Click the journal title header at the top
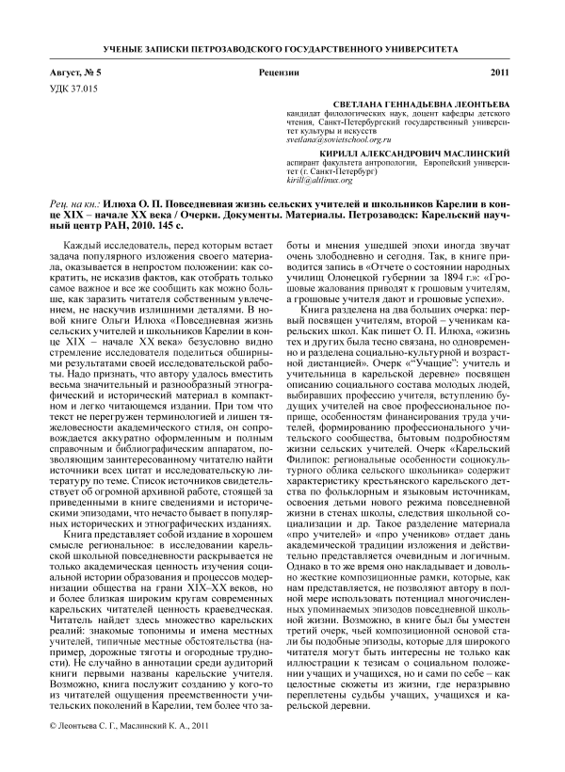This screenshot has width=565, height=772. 282,47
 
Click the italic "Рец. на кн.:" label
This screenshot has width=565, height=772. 73,204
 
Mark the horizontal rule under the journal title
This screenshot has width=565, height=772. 282,58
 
